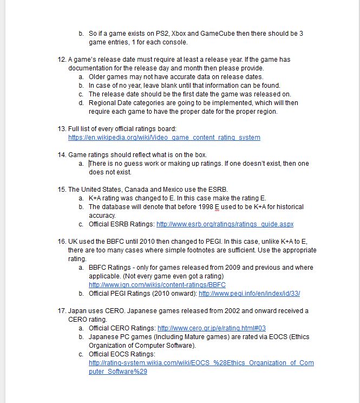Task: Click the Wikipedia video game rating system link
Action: pos(164,138)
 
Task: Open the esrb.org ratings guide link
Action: pos(225,224)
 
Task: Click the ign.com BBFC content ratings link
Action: pos(157,285)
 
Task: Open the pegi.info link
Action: pos(249,294)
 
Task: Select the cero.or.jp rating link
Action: pos(211,328)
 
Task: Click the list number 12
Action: pos(61,60)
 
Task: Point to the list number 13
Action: pos(61,129)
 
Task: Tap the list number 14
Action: pos(61,155)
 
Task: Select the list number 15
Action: pos(61,190)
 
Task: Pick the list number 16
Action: pos(61,242)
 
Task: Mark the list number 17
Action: pos(61,311)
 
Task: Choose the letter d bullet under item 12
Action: pos(81,103)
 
